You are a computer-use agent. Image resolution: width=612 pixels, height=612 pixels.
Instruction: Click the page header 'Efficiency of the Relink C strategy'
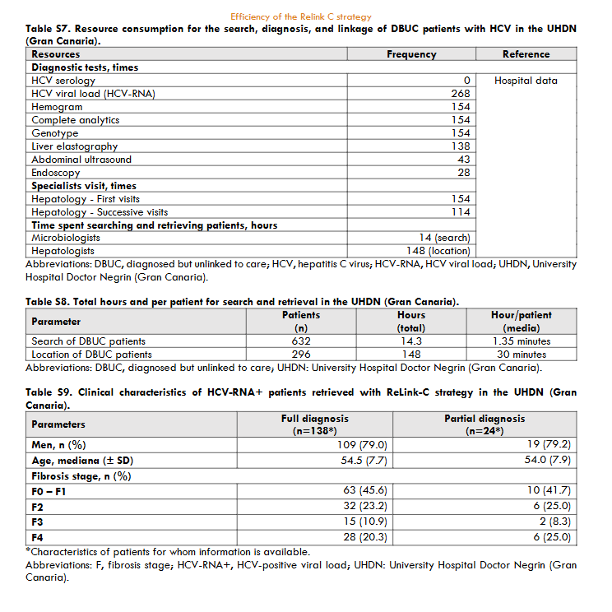(x=300, y=16)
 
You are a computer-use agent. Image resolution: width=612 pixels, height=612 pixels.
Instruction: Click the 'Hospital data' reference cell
(x=526, y=81)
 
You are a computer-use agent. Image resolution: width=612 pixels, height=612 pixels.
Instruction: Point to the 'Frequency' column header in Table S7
(x=411, y=54)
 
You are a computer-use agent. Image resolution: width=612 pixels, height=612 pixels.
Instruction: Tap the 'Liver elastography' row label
(x=75, y=146)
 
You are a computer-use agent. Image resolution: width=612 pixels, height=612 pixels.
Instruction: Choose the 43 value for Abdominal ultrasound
(x=463, y=160)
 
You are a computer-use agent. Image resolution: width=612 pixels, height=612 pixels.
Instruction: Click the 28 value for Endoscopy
(x=463, y=173)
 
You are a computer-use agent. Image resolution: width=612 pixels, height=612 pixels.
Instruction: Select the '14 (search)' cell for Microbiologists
(x=444, y=238)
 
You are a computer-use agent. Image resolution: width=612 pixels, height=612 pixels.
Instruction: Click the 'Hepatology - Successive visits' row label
(x=100, y=211)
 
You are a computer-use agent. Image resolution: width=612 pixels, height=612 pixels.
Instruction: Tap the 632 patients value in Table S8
(x=301, y=341)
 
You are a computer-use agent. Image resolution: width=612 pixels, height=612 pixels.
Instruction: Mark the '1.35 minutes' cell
(x=522, y=341)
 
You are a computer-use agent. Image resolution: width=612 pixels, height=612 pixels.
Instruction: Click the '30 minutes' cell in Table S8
(x=522, y=355)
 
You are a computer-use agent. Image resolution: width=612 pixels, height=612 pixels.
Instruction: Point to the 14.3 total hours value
(x=411, y=341)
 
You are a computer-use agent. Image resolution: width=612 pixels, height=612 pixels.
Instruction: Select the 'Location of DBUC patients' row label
(x=91, y=355)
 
